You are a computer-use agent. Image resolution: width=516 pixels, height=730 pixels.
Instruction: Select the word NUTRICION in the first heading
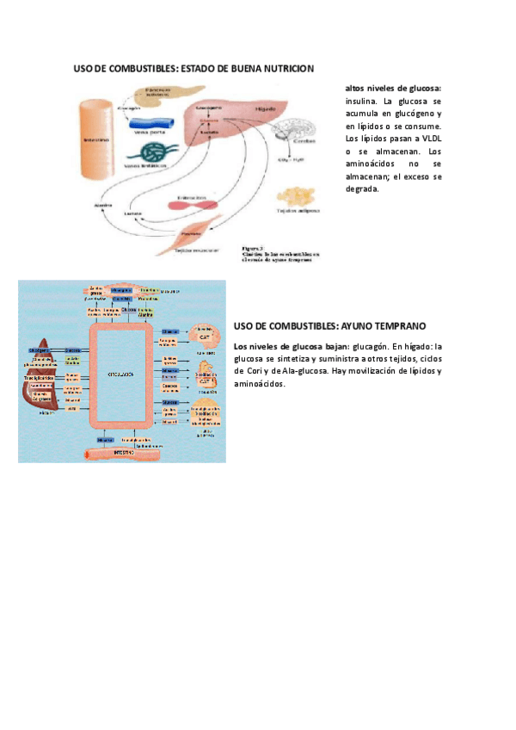click(286, 68)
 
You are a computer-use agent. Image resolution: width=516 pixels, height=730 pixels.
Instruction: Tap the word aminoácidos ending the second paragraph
click(259, 384)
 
